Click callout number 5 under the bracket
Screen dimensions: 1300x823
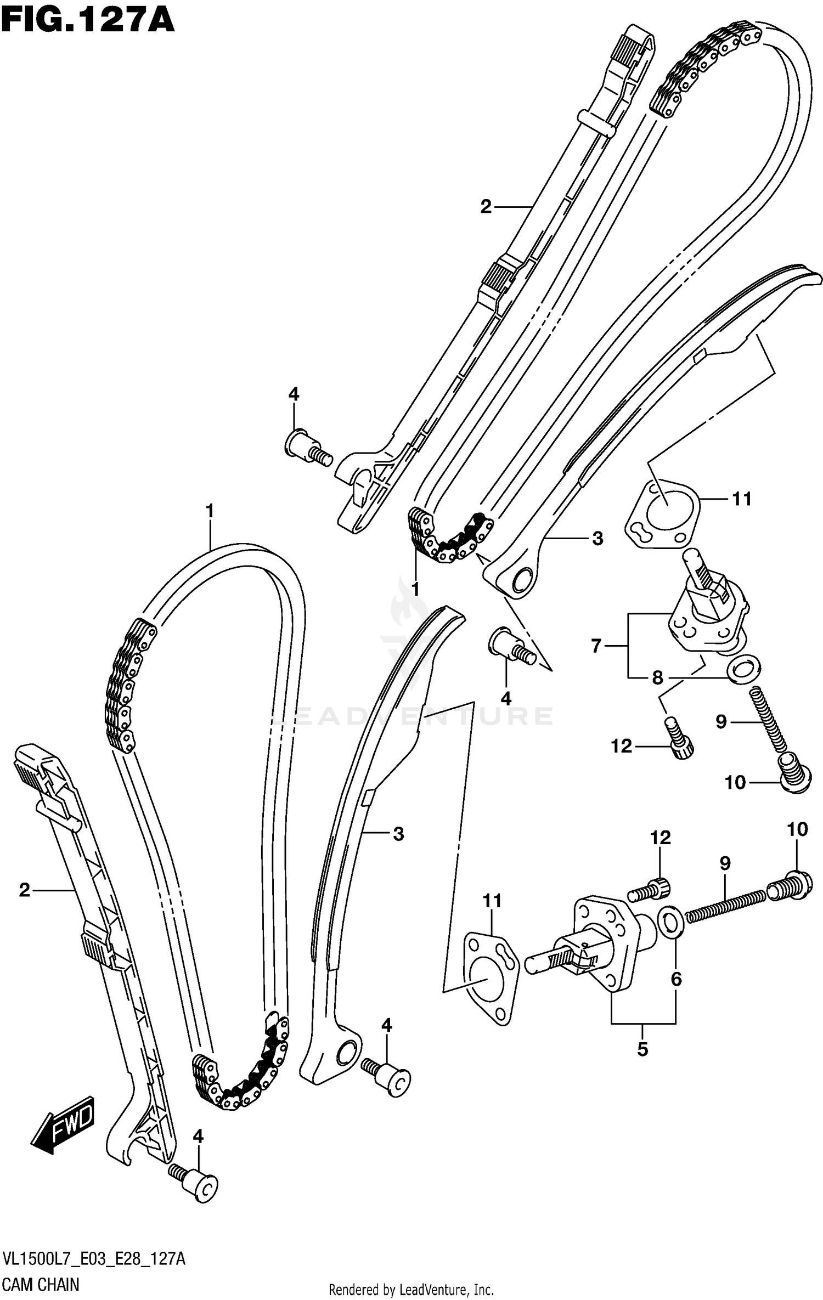pos(642,1049)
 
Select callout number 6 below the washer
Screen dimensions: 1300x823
pos(676,979)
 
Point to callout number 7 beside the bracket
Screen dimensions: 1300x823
pos(596,646)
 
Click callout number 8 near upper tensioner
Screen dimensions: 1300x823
pos(657,678)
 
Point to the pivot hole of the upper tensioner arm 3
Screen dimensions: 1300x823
pos(521,579)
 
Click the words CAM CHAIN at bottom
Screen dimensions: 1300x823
pos(41,1285)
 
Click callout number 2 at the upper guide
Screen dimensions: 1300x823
pos(486,207)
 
